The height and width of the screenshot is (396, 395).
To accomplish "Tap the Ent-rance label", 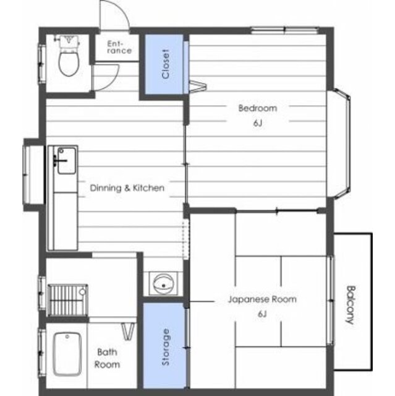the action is coord(119,47).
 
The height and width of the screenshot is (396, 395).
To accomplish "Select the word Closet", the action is coord(166,64).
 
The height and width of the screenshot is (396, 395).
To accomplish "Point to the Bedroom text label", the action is coord(258,108).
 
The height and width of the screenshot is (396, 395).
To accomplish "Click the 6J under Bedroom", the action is coord(258,123).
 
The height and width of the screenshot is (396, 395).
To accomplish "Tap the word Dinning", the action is coord(106,188).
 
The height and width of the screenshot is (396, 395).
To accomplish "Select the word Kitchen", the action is coord(148,188).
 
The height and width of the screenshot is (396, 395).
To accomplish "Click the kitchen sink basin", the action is coord(67,161).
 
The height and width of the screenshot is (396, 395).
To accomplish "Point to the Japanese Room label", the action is coord(262,299).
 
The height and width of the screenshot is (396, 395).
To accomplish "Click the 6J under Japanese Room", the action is coord(262,314).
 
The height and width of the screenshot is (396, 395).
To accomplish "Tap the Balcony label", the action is coord(350,304).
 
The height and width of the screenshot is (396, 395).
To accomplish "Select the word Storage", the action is coord(166,347).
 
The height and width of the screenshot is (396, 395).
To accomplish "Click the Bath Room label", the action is coord(107,358).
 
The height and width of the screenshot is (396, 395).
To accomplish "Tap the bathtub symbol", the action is coord(67,355).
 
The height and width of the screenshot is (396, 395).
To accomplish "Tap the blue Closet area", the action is coord(164,64).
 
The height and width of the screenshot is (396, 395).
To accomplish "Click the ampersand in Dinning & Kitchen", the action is coord(127,188).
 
